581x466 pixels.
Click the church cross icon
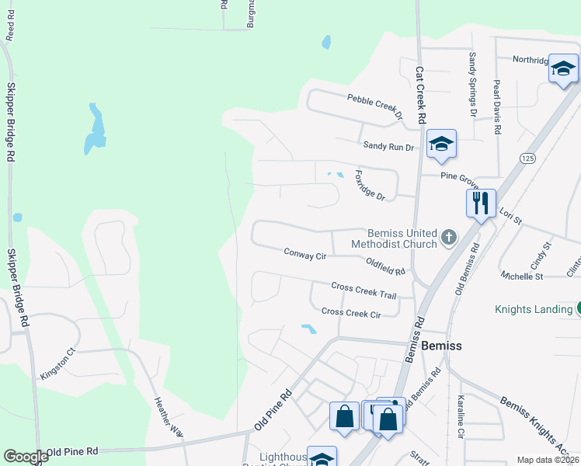click(x=448, y=237)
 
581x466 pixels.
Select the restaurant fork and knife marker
click(x=481, y=203)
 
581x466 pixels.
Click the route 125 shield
click(x=528, y=158)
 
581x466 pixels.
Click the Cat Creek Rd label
click(x=421, y=95)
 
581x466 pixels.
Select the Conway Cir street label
click(x=304, y=253)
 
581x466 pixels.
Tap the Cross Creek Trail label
click(x=364, y=290)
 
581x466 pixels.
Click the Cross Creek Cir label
click(x=351, y=313)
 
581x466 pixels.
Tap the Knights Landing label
click(x=534, y=309)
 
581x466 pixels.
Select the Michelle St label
click(x=522, y=276)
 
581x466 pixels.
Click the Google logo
click(x=26, y=456)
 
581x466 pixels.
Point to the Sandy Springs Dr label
click(x=471, y=84)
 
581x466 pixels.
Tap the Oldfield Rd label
click(x=385, y=267)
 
